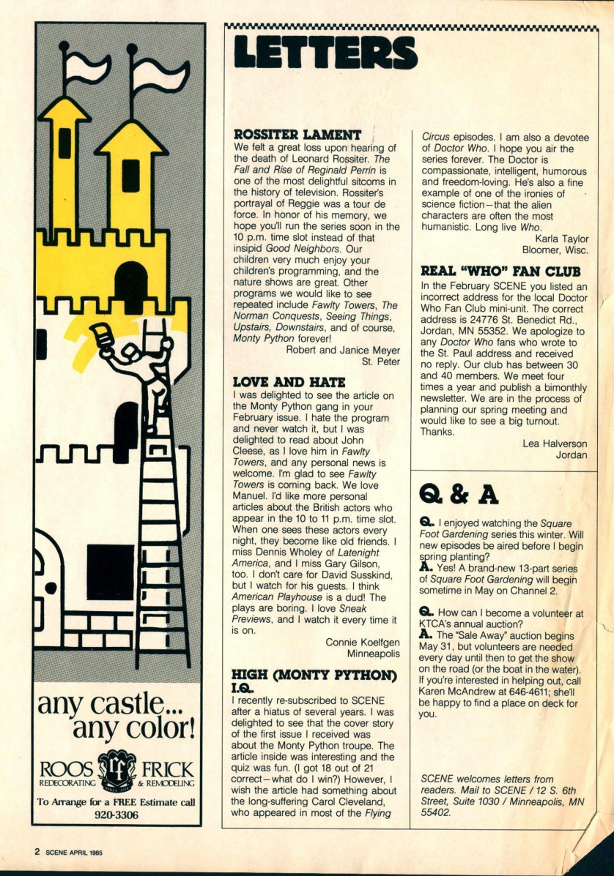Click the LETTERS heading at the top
[325, 53]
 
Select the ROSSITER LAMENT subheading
[297, 135]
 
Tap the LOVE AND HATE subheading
[289, 382]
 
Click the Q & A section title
[459, 495]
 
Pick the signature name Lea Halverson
[556, 443]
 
